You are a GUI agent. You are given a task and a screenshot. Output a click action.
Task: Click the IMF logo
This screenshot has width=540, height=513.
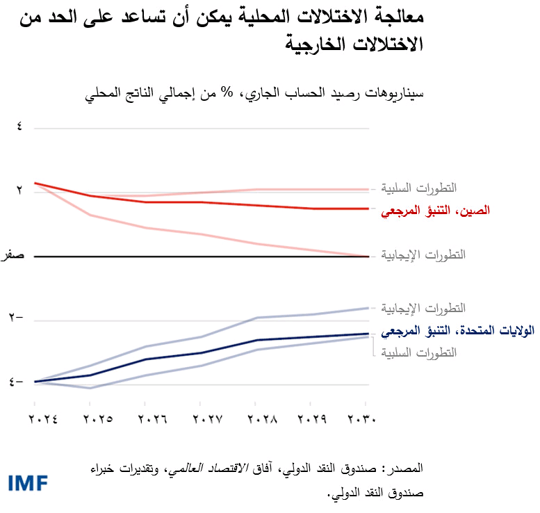click(x=29, y=482)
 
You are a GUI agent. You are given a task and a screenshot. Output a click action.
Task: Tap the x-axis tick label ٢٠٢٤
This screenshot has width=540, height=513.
click(x=42, y=419)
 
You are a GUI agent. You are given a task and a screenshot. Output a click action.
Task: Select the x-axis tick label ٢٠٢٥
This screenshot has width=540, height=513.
click(x=98, y=419)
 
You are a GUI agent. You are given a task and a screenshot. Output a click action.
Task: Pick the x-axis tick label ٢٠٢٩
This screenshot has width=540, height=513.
click(x=314, y=419)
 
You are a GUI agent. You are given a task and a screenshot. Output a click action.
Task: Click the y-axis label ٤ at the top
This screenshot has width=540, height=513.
click(x=19, y=128)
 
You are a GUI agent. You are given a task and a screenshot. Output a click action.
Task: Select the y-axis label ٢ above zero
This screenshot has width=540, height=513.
click(x=19, y=189)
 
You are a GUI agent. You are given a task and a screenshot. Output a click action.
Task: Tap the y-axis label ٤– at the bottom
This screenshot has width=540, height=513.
click(x=15, y=382)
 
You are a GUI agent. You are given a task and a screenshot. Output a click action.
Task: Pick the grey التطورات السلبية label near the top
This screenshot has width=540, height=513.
click(x=419, y=188)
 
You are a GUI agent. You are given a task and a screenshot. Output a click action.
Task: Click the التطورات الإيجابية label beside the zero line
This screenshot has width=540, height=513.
click(x=419, y=254)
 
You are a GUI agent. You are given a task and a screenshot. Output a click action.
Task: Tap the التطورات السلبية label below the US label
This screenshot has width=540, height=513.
click(x=419, y=352)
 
